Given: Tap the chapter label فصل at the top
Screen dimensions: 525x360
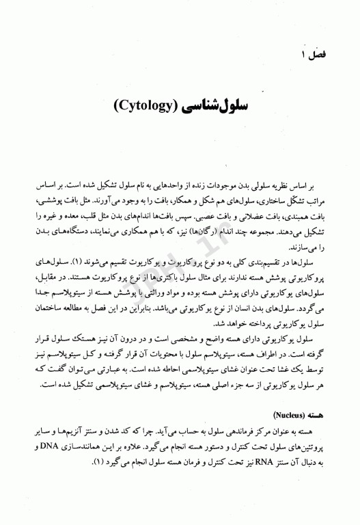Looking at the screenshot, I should [x=322, y=53].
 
